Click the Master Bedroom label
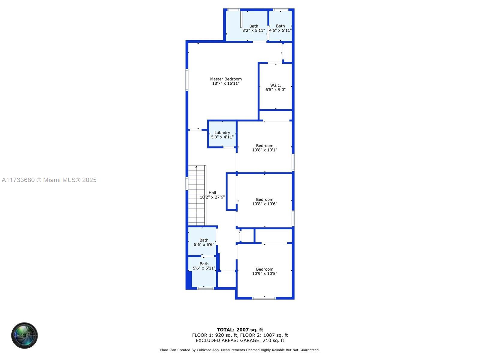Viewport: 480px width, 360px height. pos(226,79)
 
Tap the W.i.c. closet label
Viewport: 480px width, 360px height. pos(275,85)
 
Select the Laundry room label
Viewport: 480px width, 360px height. pos(222,133)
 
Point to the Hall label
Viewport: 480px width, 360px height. pos(212,193)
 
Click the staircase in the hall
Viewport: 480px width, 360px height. pos(197,195)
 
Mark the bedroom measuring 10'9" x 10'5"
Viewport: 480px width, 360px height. pos(265,271)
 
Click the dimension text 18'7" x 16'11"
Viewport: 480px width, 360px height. pos(226,83)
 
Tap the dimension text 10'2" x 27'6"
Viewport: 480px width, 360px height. pos(212,197)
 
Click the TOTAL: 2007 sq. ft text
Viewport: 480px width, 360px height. pos(240,330)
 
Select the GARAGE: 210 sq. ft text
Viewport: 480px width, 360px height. pos(262,340)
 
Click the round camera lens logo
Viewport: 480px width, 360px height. pos(25,335)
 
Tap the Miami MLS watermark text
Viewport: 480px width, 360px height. pos(49,180)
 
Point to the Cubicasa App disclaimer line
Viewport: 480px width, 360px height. pos(240,350)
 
